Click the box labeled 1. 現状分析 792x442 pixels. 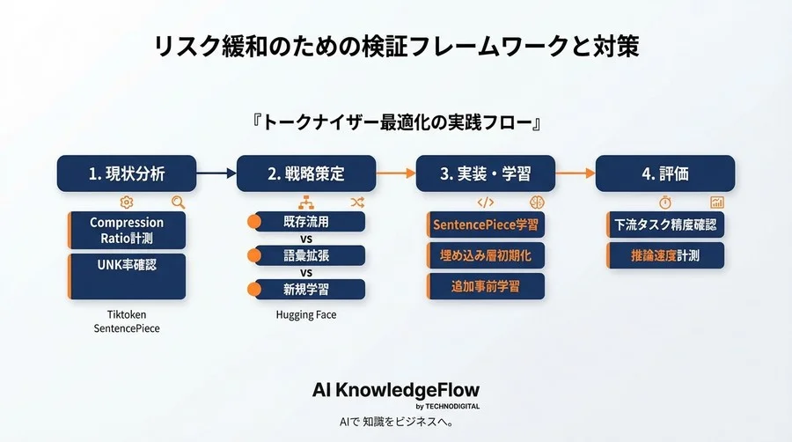pyautogui.click(x=126, y=173)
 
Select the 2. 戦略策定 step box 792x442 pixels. pyautogui.click(x=305, y=173)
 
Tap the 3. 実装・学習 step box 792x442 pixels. pyautogui.click(x=485, y=173)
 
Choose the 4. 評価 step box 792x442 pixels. pyautogui.click(x=664, y=173)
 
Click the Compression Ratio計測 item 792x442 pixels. pyautogui.click(x=127, y=231)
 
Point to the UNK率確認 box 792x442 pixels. pyautogui.click(x=127, y=263)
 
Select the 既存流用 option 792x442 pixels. pyautogui.click(x=306, y=222)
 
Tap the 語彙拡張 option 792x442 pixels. pyautogui.click(x=306, y=255)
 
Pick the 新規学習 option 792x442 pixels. pyautogui.click(x=306, y=288)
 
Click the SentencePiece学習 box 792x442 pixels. pyautogui.click(x=486, y=225)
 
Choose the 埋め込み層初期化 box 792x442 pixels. pyautogui.click(x=486, y=255)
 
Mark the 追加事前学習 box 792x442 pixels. pyautogui.click(x=486, y=286)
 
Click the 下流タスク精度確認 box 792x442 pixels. pyautogui.click(x=665, y=225)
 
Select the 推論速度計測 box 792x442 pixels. pyautogui.click(x=665, y=255)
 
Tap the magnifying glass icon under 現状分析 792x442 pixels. pyautogui.click(x=179, y=202)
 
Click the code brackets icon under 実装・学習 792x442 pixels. pyautogui.click(x=485, y=202)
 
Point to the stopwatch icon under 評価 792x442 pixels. pyautogui.click(x=665, y=202)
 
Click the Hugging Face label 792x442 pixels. pyautogui.click(x=306, y=314)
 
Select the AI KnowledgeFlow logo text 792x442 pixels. pyautogui.click(x=396, y=391)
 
